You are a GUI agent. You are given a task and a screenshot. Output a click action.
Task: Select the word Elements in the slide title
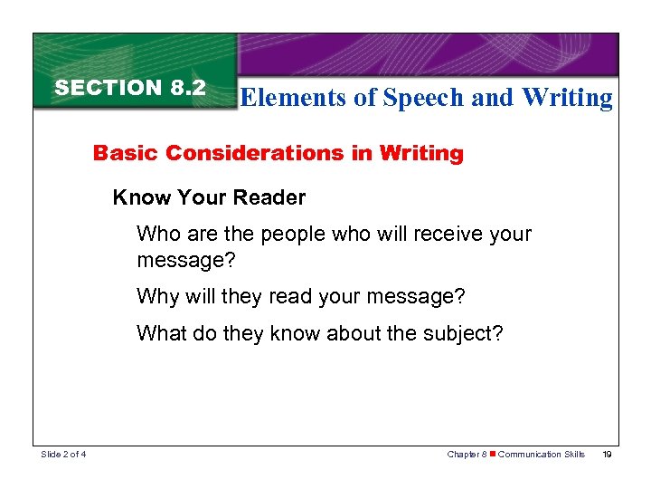click(295, 98)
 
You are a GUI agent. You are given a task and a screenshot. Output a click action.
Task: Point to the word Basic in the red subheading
click(122, 153)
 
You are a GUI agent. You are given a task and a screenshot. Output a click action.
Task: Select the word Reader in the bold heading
click(274, 197)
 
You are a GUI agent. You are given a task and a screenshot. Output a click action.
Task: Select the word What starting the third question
click(161, 332)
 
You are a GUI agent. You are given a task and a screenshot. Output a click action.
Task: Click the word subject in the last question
click(459, 332)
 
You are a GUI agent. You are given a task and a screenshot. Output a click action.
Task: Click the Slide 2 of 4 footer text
click(63, 455)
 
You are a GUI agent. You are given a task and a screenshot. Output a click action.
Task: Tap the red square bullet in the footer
click(492, 455)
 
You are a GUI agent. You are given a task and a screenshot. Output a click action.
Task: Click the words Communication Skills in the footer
click(542, 455)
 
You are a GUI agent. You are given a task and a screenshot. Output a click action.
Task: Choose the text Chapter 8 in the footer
click(467, 455)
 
